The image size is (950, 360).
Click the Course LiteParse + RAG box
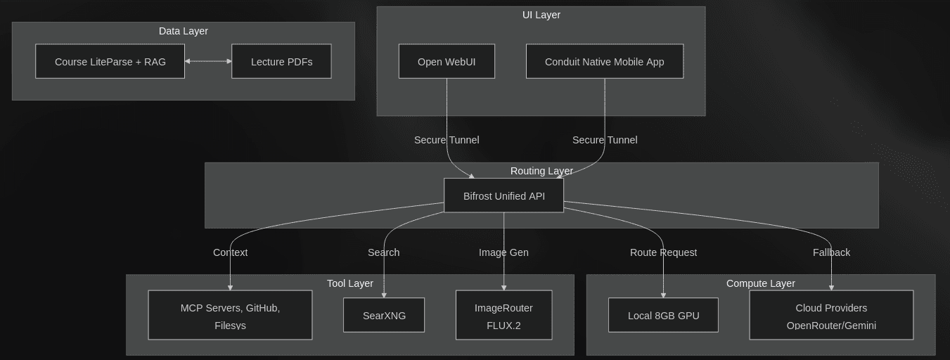tap(110, 62)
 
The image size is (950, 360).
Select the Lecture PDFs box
tap(281, 62)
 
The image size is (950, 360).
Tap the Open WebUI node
tap(447, 62)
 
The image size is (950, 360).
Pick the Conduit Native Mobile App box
tap(604, 62)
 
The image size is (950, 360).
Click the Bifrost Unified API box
tap(503, 195)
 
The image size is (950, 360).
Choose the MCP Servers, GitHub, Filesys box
tap(230, 316)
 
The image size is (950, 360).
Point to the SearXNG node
tap(384, 316)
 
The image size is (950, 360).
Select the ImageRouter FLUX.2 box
tap(503, 316)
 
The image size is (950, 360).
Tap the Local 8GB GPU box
tap(663, 316)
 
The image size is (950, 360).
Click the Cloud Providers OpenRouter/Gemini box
tap(831, 316)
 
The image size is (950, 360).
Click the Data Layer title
tap(183, 31)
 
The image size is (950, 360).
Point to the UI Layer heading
tap(541, 15)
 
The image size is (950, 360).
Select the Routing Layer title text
tap(541, 171)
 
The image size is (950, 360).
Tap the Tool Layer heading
tap(349, 283)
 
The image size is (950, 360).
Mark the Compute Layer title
tap(760, 283)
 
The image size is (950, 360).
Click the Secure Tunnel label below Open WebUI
tap(447, 140)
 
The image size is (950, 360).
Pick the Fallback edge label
tap(831, 252)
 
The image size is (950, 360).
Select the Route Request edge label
tap(663, 252)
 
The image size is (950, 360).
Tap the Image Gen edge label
tap(503, 252)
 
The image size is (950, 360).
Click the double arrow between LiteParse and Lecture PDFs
tap(208, 61)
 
